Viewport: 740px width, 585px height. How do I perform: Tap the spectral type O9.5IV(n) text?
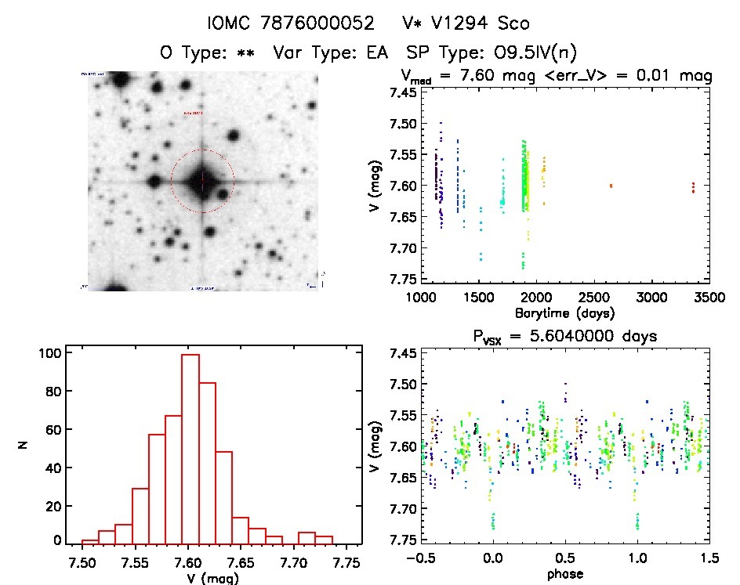(x=531, y=52)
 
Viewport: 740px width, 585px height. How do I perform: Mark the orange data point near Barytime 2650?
(x=611, y=186)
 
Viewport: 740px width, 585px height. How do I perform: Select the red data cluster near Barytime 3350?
(x=693, y=187)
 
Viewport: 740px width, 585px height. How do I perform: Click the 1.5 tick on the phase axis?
(x=708, y=558)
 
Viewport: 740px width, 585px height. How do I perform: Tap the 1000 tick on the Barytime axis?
(x=421, y=298)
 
